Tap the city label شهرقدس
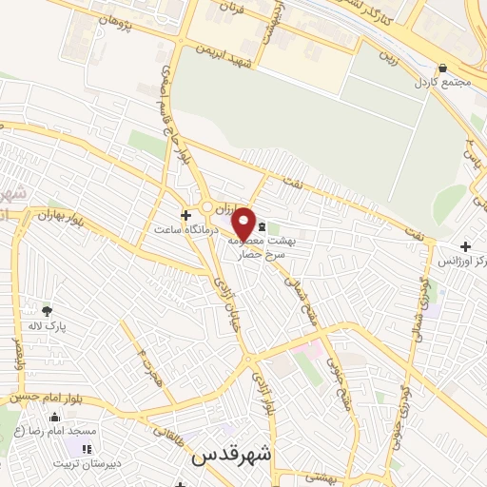[231, 455]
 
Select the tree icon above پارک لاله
[47, 310]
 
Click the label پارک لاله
[47, 325]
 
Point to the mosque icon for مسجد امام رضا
[54, 418]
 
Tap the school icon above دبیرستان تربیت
[88, 449]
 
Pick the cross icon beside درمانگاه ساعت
[185, 214]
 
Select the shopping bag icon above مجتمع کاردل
[442, 68]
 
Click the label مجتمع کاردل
[442, 83]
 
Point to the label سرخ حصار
[251, 256]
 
